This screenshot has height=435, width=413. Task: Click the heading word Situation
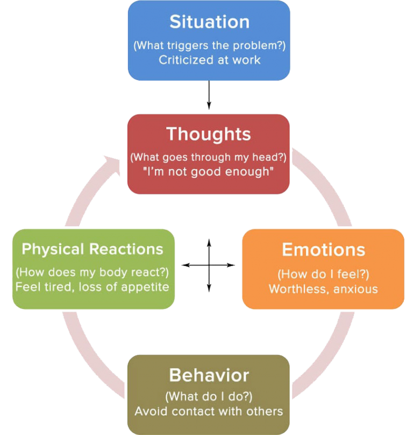pos(209,22)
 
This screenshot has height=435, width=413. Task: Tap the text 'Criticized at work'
pos(209,60)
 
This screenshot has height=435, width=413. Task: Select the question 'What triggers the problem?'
pos(209,45)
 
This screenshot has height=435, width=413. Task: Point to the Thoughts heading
pos(209,134)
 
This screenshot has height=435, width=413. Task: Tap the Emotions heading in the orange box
pos(323,250)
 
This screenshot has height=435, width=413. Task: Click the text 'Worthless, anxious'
pos(323,289)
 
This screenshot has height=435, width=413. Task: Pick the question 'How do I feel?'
pos(323,274)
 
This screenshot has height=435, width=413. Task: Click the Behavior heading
pos(209,375)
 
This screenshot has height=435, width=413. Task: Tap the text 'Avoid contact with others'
pos(209,411)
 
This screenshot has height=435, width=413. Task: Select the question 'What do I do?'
pos(209,397)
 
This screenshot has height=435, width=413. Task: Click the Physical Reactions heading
pos(92,249)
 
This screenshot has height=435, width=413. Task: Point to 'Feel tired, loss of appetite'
pos(92,286)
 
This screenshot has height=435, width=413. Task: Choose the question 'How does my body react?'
pos(92,271)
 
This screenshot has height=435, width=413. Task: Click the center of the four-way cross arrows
pos(209,265)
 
